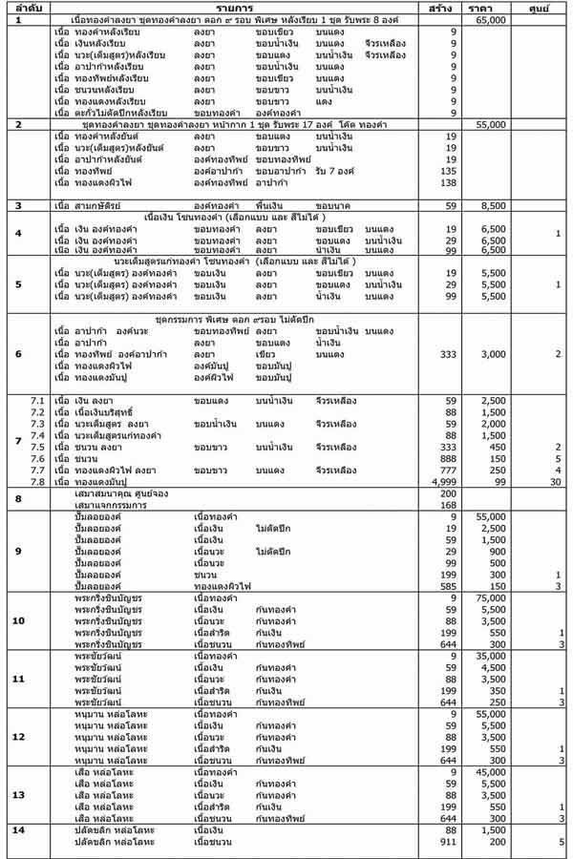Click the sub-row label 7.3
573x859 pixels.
[x=38, y=424]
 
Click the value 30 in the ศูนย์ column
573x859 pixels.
[x=556, y=482]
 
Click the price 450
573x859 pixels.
[x=498, y=447]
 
